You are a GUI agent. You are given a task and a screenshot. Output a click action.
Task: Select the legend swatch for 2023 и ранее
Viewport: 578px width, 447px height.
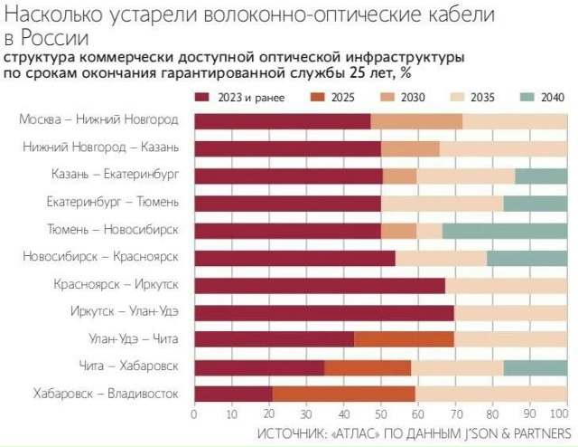pyautogui.click(x=200, y=97)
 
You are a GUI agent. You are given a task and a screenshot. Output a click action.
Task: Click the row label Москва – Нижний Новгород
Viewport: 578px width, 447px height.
pyautogui.click(x=98, y=120)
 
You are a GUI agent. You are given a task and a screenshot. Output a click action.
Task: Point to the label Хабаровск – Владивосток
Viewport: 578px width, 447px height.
pyautogui.click(x=106, y=394)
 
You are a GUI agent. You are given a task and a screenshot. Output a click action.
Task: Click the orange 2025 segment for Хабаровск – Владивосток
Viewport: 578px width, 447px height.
pyautogui.click(x=343, y=394)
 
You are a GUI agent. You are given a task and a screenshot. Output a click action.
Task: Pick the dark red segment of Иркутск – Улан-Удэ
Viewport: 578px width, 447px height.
pyautogui.click(x=324, y=312)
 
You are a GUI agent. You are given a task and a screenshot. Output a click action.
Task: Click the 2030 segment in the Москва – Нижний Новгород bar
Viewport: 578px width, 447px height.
pyautogui.click(x=416, y=120)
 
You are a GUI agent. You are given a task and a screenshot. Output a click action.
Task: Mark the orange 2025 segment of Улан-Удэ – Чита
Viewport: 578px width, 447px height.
pyautogui.click(x=404, y=339)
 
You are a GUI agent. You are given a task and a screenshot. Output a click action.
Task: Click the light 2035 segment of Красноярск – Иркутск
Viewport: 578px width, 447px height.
pyautogui.click(x=506, y=285)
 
